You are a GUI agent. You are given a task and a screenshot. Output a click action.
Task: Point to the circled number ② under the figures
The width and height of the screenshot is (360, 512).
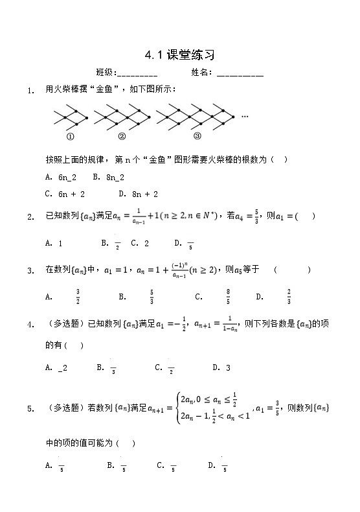pyautogui.click(x=122, y=136)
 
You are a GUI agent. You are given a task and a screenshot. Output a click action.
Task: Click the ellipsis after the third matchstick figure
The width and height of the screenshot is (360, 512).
pyautogui.click(x=245, y=116)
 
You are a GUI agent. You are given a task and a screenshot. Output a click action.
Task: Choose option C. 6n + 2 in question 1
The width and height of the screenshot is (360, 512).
pyautogui.click(x=65, y=194)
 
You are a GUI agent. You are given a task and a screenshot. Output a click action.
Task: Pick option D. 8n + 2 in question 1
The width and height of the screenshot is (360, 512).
pyautogui.click(x=139, y=194)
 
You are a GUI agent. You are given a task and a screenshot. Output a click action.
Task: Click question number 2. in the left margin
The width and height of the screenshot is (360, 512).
pyautogui.click(x=30, y=218)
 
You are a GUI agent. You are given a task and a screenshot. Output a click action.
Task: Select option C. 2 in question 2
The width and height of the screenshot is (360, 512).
pyautogui.click(x=140, y=244)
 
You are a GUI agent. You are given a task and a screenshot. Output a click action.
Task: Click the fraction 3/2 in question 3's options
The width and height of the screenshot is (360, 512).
pyautogui.click(x=78, y=297)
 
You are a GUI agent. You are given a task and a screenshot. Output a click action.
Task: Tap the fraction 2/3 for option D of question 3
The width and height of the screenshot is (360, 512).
pyautogui.click(x=289, y=297)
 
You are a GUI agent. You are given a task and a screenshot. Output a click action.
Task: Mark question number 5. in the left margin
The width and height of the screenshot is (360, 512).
pyautogui.click(x=30, y=409)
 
